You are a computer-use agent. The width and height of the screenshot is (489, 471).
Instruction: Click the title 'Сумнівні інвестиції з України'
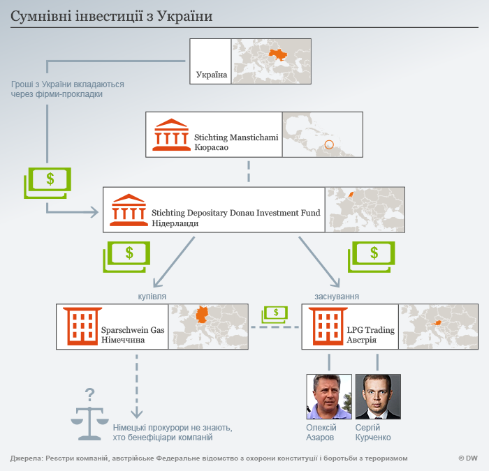[x=112, y=15]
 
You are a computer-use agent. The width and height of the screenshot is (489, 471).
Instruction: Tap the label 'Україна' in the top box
[x=212, y=74]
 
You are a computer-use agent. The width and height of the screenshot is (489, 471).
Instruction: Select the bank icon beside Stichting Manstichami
[x=170, y=135]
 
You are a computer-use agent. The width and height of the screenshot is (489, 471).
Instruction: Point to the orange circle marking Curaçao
[x=330, y=147]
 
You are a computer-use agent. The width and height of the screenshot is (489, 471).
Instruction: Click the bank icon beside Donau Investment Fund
[x=129, y=207]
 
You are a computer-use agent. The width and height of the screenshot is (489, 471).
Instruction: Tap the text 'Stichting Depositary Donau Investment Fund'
[x=235, y=212]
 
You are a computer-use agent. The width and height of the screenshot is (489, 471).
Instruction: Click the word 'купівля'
[x=152, y=296]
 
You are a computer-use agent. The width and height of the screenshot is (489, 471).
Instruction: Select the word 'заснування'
[x=337, y=296]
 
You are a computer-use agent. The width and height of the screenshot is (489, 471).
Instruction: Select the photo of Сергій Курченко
[x=377, y=396]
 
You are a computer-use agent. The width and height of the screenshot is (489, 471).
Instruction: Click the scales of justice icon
[x=89, y=422]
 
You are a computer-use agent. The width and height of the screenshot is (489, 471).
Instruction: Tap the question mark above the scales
[x=89, y=394]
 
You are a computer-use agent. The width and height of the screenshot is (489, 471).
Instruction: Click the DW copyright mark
[x=467, y=458]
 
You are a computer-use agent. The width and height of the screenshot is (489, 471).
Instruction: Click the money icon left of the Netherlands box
[x=47, y=182]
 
